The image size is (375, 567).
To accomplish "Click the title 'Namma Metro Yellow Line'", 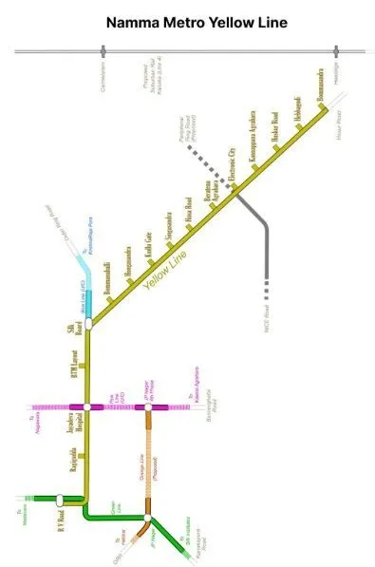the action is tap(187, 21).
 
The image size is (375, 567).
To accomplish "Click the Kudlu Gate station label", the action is tap(148, 244).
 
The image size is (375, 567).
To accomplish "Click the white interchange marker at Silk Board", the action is tap(87, 324).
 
